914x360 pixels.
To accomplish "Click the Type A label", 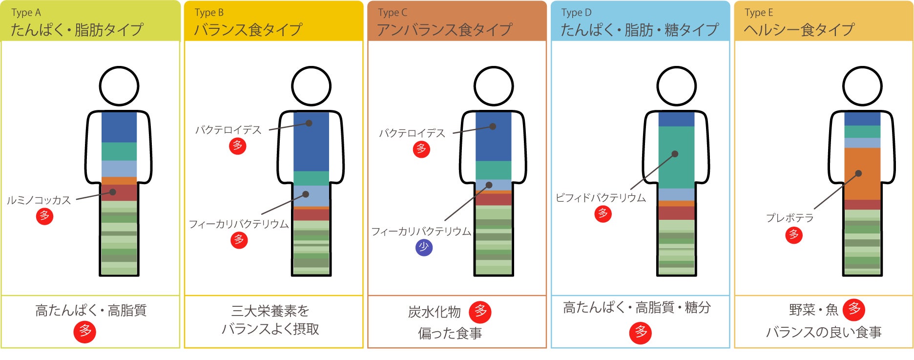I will point(26,13).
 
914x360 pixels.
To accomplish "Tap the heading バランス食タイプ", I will point(248,30).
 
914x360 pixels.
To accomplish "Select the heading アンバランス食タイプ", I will point(444,30).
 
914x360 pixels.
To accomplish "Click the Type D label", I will point(576,13).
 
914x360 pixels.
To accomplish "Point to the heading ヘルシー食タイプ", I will point(799,30).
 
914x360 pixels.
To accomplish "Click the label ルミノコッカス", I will point(39,200).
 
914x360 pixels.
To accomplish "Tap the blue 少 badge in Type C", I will point(424,248).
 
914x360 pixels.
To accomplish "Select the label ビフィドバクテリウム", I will point(601,198).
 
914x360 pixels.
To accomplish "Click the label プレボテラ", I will point(789,218).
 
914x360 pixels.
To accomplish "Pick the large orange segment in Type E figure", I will point(862,173).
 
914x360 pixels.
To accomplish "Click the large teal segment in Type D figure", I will point(676,156).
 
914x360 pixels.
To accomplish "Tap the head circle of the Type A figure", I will point(119,86).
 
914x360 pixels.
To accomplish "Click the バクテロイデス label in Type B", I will point(228,130).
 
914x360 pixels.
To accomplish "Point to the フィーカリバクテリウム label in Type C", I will point(421,232).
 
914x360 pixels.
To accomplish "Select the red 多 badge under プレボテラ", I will point(794,235).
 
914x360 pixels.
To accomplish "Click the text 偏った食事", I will point(450,333).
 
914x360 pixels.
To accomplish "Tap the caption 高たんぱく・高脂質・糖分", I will point(637,308).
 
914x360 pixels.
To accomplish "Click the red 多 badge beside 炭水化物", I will point(480,312).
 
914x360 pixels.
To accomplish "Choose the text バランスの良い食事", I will point(823,332).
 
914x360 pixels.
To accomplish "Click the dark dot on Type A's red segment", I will point(113,192).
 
